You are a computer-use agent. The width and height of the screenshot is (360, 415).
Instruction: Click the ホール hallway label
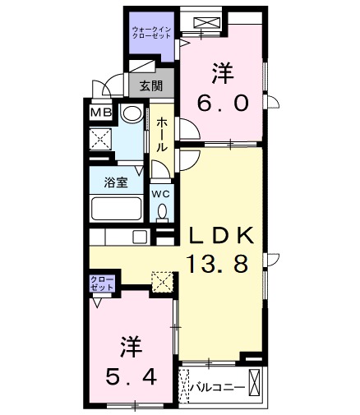[x=162, y=134]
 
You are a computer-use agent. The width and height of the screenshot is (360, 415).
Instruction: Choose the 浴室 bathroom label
[x=115, y=182]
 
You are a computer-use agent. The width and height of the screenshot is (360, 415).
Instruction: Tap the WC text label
[x=161, y=194]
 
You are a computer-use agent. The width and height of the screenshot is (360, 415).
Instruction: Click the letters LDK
[x=221, y=236]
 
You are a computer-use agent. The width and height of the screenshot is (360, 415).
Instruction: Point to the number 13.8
[x=221, y=265]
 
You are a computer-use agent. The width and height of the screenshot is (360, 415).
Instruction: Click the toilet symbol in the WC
[x=162, y=213]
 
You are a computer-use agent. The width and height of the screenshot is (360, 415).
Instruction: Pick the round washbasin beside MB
[x=131, y=114]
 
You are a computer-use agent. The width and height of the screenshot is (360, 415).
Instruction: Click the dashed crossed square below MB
[x=102, y=137]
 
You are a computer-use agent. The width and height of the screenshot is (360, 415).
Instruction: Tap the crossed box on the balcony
[x=254, y=382]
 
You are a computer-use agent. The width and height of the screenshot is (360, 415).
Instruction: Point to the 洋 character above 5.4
[x=128, y=346]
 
